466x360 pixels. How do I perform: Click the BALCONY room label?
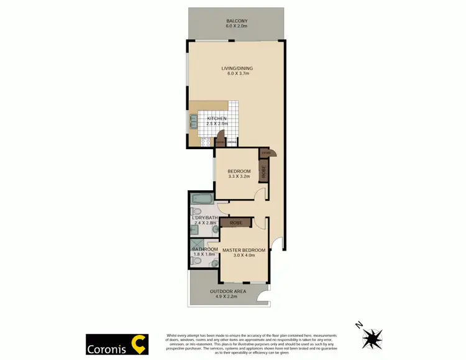point(237,21)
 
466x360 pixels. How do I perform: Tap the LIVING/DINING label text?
point(237,68)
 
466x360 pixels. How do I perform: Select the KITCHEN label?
point(217,118)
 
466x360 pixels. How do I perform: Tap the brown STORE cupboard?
point(266,153)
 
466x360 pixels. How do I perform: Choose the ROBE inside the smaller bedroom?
point(263,172)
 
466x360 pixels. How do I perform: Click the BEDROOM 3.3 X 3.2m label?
point(239,172)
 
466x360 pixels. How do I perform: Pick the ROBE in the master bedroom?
point(235,222)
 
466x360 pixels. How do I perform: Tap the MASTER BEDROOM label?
point(244,250)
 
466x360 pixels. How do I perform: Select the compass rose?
point(373,338)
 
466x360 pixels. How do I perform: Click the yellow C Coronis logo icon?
point(139,344)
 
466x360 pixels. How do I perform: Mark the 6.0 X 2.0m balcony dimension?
point(237,27)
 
